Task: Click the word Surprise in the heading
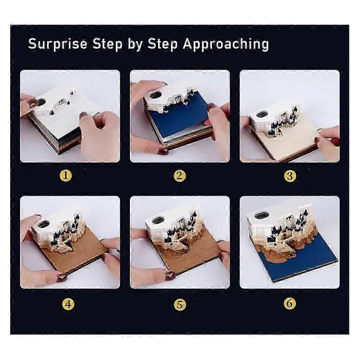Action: (x=57, y=44)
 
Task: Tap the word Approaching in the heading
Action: (x=226, y=44)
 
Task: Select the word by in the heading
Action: (x=134, y=44)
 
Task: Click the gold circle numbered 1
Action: (x=66, y=175)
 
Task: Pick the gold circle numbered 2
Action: (x=179, y=176)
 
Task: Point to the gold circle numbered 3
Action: (x=290, y=176)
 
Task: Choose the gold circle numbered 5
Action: (x=180, y=304)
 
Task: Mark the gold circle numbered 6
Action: (x=290, y=304)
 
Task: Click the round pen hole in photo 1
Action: (x=41, y=102)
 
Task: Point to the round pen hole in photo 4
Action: (x=44, y=223)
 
